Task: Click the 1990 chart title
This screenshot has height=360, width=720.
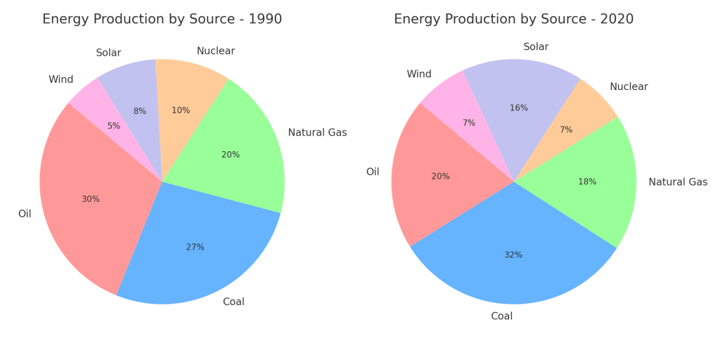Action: [162, 19]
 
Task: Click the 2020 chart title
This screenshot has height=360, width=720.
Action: [513, 19]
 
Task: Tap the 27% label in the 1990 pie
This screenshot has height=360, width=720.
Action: [195, 247]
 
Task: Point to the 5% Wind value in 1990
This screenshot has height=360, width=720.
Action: [114, 126]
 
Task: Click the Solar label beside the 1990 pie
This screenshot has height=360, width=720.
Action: [108, 53]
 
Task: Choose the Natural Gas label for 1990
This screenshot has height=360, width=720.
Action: [317, 132]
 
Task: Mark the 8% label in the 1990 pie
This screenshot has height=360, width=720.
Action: [140, 111]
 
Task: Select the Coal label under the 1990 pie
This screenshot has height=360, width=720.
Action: [233, 302]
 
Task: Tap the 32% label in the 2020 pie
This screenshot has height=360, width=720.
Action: [513, 255]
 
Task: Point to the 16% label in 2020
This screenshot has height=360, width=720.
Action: [518, 108]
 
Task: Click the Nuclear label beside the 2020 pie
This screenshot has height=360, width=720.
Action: [629, 86]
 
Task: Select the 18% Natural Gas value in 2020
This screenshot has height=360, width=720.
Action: [587, 181]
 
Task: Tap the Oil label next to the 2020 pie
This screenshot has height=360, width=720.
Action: [373, 172]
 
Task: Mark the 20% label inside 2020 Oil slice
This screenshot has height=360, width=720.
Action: [440, 176]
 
